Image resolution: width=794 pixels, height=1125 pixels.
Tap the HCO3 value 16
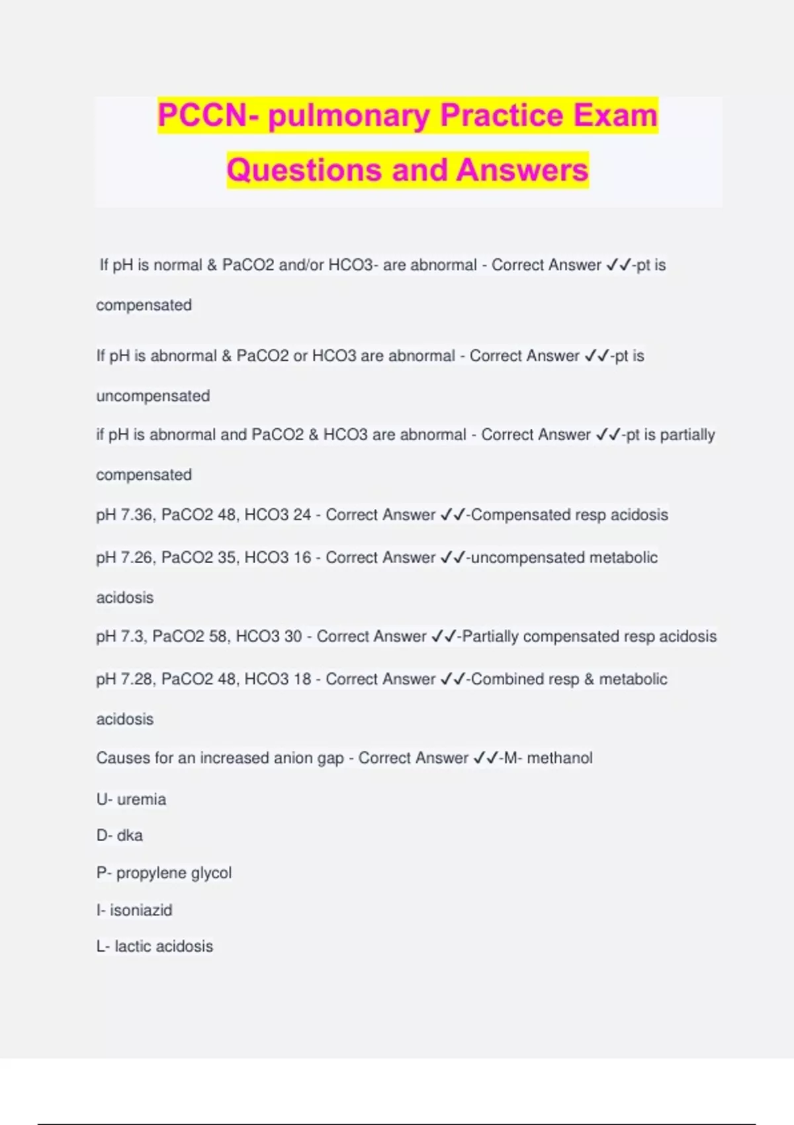click(302, 557)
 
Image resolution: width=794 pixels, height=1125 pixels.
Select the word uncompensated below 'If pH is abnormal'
click(153, 396)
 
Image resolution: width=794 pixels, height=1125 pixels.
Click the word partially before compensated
click(687, 435)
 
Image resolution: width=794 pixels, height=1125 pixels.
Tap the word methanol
click(560, 758)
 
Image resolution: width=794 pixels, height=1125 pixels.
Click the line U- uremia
click(131, 799)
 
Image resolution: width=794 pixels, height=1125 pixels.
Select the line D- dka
click(120, 836)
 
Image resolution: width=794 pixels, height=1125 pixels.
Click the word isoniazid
click(141, 910)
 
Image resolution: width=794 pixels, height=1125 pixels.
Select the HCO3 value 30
click(292, 637)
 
